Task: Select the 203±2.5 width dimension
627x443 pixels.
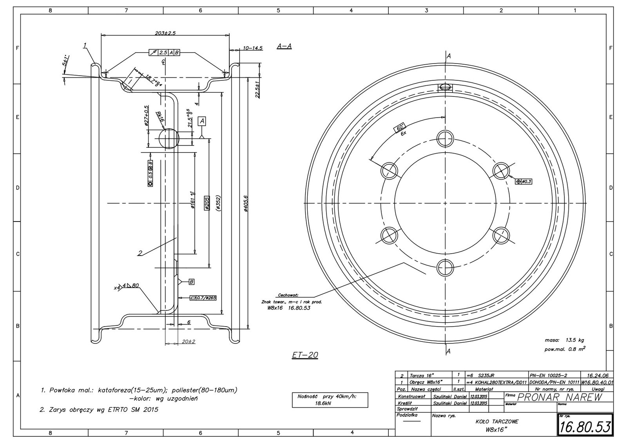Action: (x=165, y=34)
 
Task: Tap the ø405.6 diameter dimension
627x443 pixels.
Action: (x=245, y=204)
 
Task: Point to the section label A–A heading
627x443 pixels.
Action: (x=284, y=46)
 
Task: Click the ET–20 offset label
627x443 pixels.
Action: (x=305, y=355)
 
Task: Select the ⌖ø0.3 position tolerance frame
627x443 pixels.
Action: (x=524, y=182)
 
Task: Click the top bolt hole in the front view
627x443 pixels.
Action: (x=446, y=138)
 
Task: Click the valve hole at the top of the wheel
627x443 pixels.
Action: (x=446, y=87)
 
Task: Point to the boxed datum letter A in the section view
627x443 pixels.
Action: (x=202, y=121)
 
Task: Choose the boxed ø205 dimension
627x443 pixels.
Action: (x=207, y=203)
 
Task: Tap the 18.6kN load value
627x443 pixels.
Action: (x=324, y=403)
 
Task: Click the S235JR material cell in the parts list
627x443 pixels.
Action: (x=486, y=375)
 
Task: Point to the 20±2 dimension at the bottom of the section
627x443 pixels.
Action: (x=189, y=342)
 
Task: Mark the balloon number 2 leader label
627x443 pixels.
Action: (x=140, y=253)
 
